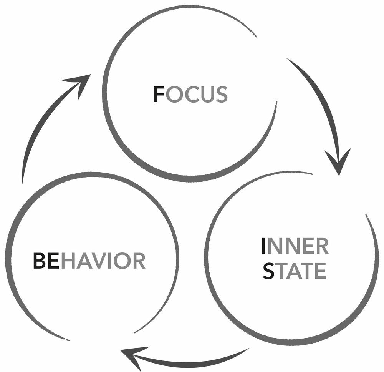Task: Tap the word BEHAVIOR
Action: pos(89,261)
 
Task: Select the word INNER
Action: pos(295,247)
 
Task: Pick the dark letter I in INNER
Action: pos(263,247)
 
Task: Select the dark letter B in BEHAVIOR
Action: pos(40,261)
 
